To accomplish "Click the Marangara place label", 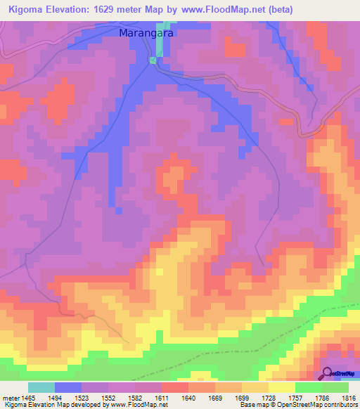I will point(146,33).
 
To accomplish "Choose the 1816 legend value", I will point(349,397).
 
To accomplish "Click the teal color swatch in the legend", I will point(41,387).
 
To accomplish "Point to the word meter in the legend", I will point(11,397).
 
